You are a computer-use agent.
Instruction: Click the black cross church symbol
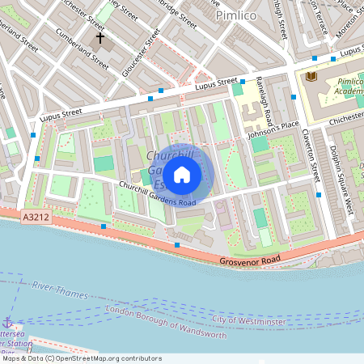(101, 37)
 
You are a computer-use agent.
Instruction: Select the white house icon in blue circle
(182, 173)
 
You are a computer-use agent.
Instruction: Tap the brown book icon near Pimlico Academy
(311, 75)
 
